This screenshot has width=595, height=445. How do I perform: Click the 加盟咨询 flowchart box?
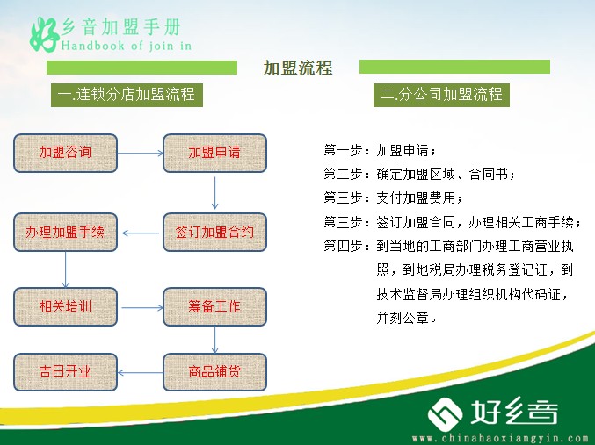click(65, 153)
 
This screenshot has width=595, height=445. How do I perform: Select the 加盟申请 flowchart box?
click(214, 153)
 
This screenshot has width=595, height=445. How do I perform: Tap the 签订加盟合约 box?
click(214, 232)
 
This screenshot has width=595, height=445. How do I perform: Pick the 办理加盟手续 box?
click(65, 232)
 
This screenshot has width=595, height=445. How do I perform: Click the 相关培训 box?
click(65, 306)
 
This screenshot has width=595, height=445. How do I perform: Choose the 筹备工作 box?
click(214, 306)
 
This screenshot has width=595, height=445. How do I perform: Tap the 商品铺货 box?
click(214, 372)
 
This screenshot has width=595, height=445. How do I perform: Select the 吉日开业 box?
click(65, 372)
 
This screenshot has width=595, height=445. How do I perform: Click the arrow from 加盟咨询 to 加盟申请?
click(141, 153)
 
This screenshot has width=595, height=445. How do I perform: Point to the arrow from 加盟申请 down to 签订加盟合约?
click(214, 193)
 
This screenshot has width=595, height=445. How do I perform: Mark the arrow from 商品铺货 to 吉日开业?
click(141, 373)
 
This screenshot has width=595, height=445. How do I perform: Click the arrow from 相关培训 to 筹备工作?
click(142, 307)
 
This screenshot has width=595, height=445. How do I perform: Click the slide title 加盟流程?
click(298, 68)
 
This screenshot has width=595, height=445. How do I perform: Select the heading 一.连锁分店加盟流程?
click(127, 95)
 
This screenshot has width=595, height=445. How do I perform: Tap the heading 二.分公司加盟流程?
click(441, 95)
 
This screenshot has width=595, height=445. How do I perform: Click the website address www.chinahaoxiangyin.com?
click(500, 439)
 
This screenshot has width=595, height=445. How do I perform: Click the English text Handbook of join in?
click(127, 46)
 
